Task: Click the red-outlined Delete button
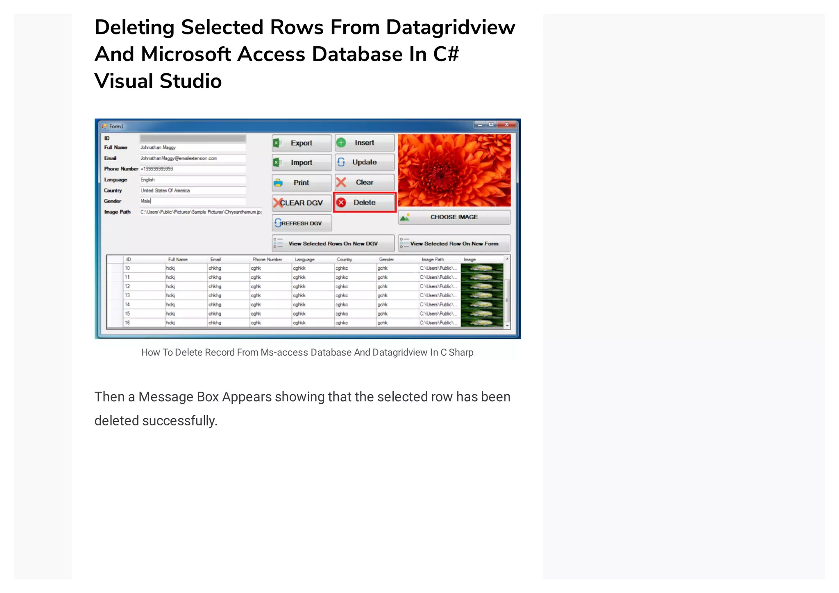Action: click(364, 202)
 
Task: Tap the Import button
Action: click(302, 163)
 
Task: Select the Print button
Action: click(302, 183)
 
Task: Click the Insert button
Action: click(364, 143)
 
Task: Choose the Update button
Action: click(364, 162)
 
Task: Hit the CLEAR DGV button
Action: click(302, 203)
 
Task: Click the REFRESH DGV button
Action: click(302, 223)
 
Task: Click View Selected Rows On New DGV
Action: click(333, 243)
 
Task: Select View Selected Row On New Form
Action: click(454, 243)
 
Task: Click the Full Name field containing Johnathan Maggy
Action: click(193, 148)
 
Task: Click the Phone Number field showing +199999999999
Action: click(193, 169)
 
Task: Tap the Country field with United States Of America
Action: click(193, 191)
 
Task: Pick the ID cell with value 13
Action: click(128, 295)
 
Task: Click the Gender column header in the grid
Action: click(386, 259)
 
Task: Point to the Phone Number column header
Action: click(267, 259)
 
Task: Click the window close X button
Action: click(507, 125)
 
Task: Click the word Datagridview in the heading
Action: click(451, 27)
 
